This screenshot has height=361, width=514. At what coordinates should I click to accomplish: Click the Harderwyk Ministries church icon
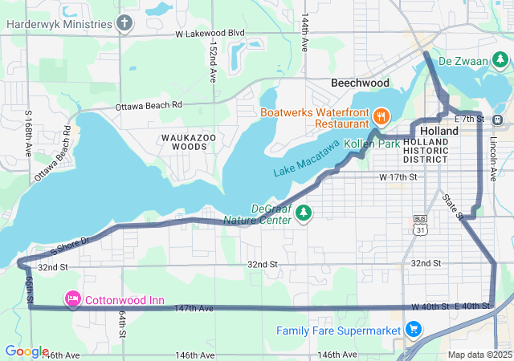coord(124,23)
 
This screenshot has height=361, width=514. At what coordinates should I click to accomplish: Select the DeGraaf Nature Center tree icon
coord(304,213)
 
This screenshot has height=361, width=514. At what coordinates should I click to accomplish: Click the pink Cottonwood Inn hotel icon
coord(72,300)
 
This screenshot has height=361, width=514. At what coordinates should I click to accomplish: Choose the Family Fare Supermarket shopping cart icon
coord(414,330)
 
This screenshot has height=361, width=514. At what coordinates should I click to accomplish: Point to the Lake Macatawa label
coord(307,158)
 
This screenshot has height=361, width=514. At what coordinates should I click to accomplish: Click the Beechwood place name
coord(360,83)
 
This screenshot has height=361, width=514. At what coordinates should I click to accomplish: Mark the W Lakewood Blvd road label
coord(210,34)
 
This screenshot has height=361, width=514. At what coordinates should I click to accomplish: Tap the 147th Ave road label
coord(194,308)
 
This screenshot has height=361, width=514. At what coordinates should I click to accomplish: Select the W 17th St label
coord(399,176)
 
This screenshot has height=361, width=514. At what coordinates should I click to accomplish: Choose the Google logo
coord(26,351)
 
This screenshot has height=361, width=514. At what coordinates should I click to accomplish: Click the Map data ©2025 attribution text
coord(479,355)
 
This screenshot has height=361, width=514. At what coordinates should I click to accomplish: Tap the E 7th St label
coord(469,120)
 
